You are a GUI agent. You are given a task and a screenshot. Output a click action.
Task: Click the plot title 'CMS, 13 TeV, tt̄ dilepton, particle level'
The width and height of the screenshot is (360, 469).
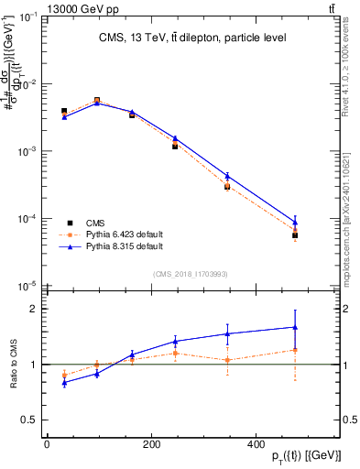[x=192, y=38]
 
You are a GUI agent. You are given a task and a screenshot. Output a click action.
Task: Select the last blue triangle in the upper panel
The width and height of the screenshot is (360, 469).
[x=295, y=221]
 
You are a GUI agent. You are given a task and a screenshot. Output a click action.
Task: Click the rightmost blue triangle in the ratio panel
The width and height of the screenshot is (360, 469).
[x=295, y=327]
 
